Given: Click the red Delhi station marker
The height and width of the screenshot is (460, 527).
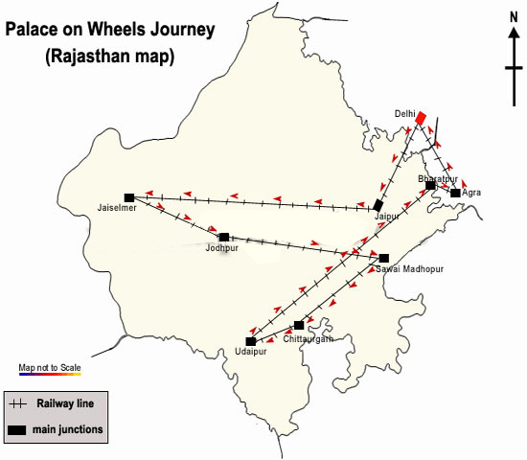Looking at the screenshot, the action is point(421,118).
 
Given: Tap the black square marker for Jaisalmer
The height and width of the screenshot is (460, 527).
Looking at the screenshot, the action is point(129,197).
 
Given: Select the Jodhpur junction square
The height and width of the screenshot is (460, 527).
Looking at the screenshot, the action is point(224,238).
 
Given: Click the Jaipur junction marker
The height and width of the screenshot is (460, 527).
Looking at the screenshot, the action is point(378,205).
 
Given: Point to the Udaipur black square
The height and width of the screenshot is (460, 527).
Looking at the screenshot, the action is point(250,341).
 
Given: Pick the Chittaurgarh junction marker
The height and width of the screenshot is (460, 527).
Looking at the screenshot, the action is point(299,325).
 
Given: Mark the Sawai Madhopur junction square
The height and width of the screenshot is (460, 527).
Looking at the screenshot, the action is point(384,258).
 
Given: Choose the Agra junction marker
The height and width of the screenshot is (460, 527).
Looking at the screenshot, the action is point(455,193).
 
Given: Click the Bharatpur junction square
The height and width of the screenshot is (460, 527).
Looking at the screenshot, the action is point(430,185).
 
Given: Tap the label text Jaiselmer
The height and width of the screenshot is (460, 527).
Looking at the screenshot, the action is point(117,208).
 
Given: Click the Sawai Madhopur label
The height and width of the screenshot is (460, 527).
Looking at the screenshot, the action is point(410,269).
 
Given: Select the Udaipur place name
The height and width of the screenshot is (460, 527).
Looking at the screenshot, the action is point(251,352).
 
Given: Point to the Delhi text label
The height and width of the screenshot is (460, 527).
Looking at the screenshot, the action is point(405,114).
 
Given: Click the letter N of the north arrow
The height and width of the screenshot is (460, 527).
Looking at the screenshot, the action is point(514,17).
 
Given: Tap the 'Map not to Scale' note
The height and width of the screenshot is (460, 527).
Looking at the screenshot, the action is point(50,368).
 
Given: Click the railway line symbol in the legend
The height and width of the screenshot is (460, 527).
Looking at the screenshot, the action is point(18,403).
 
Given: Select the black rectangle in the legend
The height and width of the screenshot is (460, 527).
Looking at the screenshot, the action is point(17,430).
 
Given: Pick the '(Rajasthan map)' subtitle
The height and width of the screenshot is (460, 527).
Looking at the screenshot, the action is point(110,57).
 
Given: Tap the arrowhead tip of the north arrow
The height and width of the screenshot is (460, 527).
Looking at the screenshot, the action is point(514,28).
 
